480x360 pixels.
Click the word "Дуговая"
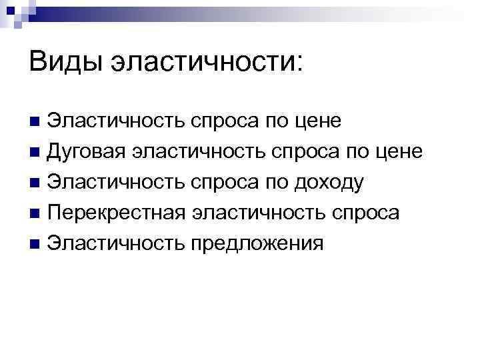(86, 152)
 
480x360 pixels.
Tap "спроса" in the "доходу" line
(223, 183)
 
